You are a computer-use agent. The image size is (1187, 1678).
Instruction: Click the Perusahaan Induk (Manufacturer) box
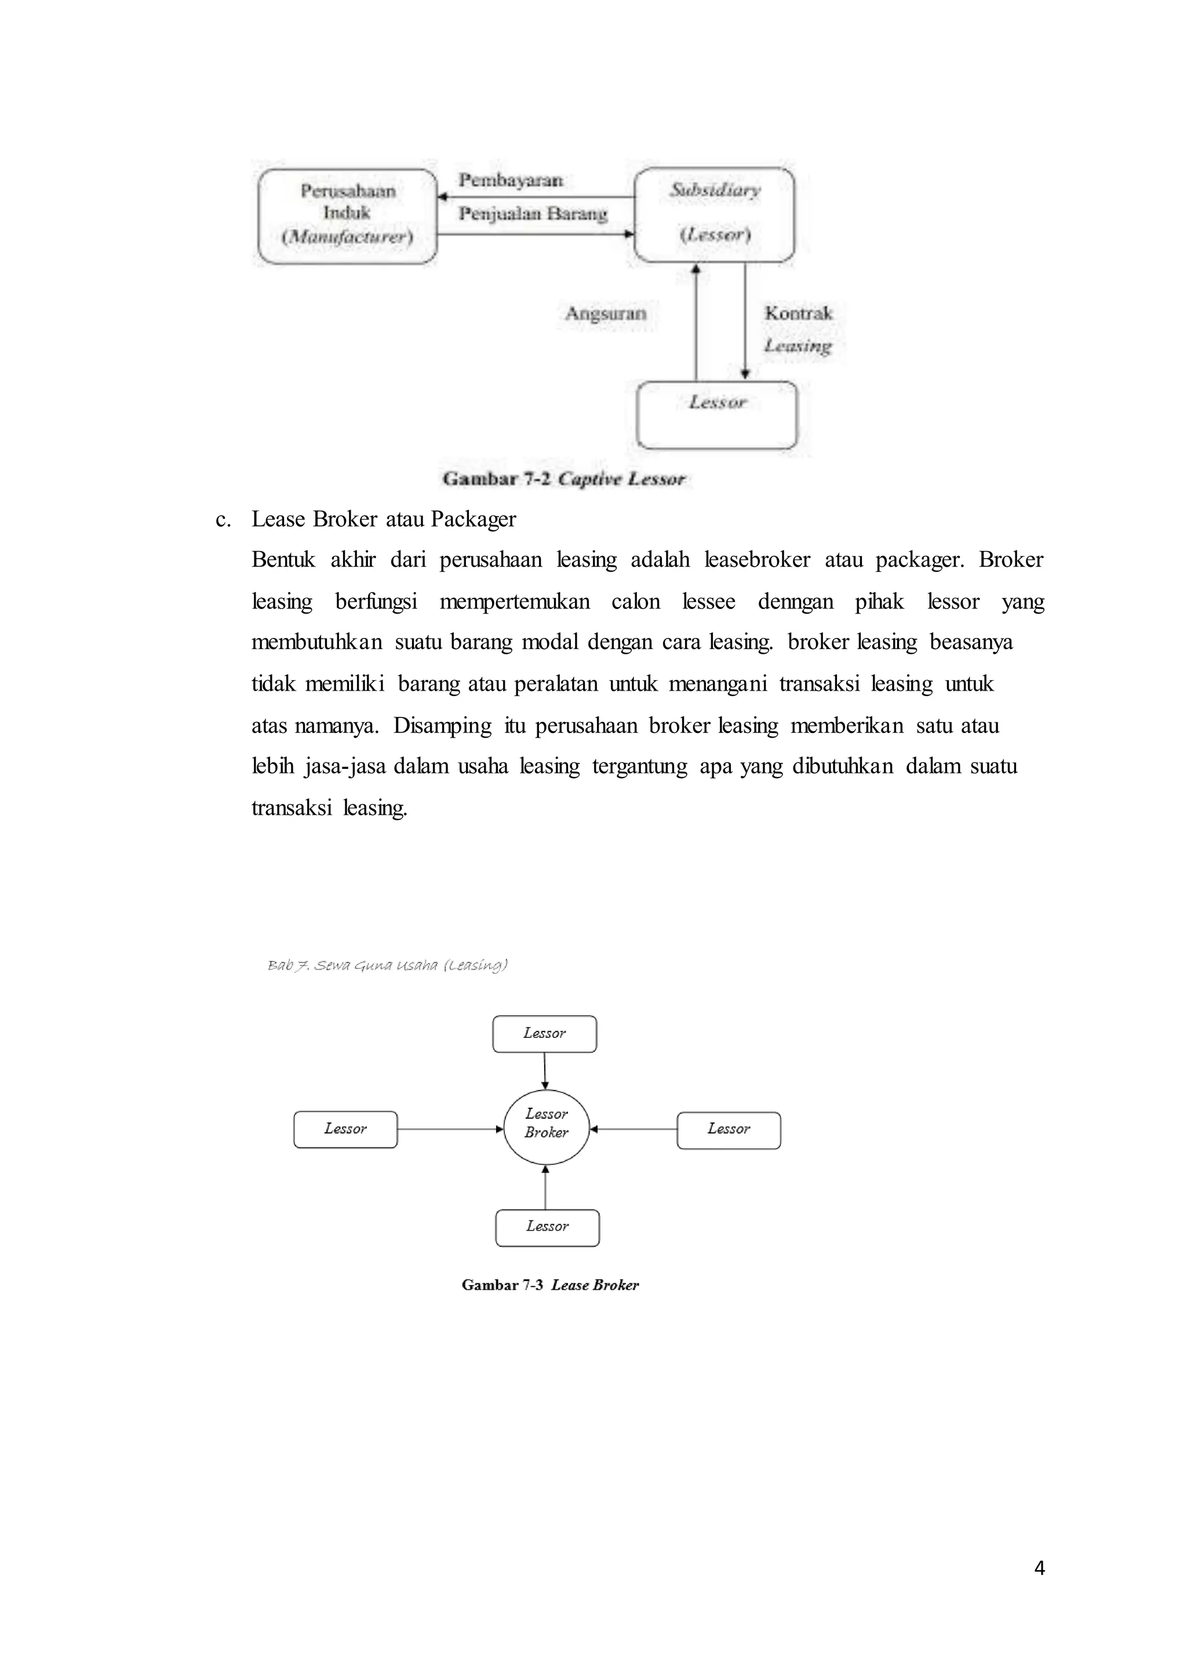click(347, 216)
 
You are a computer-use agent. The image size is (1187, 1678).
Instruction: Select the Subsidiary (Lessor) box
click(714, 214)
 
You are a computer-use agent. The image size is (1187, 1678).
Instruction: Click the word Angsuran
click(605, 313)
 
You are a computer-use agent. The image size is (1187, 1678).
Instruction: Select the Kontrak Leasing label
click(798, 329)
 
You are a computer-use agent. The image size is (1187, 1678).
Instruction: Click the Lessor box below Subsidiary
click(717, 414)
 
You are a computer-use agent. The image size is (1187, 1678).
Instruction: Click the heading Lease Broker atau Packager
click(384, 519)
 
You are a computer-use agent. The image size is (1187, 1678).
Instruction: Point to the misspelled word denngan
click(795, 601)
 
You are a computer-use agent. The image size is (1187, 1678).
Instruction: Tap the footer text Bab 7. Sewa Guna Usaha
click(387, 965)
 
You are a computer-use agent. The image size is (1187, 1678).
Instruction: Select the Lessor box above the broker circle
click(545, 1034)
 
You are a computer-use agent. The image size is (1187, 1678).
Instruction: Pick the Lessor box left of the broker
click(345, 1129)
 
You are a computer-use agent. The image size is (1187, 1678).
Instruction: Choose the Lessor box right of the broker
click(729, 1130)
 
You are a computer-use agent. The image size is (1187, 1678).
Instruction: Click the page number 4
click(1039, 1568)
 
